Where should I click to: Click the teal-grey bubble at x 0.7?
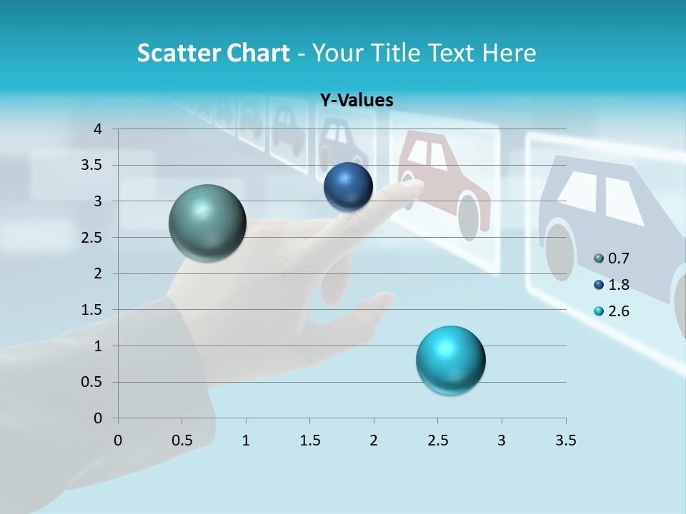(x=207, y=223)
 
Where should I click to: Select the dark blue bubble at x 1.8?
(x=348, y=186)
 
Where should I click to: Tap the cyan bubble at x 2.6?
(x=450, y=360)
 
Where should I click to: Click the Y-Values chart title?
(x=356, y=101)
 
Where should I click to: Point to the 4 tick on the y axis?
(x=97, y=129)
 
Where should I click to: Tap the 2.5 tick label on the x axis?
(x=437, y=440)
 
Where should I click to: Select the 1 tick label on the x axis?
(x=246, y=440)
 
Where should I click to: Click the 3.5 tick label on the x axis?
(x=565, y=440)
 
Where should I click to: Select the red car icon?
(x=443, y=178)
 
